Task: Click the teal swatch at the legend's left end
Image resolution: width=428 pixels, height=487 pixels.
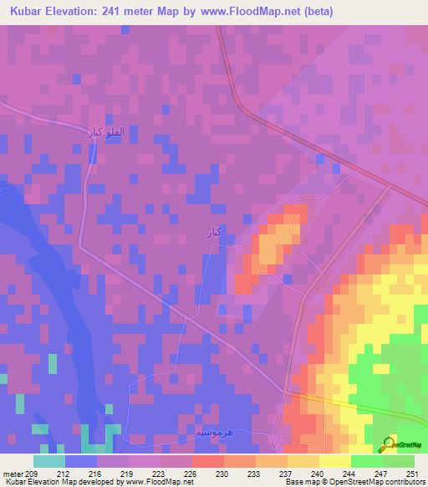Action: tap(48, 461)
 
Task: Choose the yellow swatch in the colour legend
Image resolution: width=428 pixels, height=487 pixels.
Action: tap(334, 461)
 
